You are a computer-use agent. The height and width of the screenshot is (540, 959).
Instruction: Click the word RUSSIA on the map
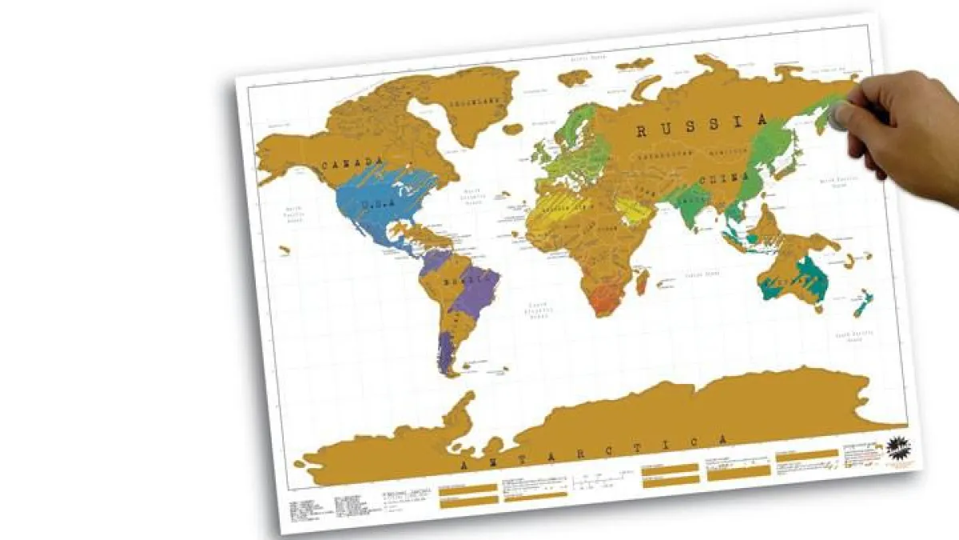[702, 126]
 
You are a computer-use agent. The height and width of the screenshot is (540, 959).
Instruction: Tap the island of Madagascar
[642, 280]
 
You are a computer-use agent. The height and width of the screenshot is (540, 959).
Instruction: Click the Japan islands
[791, 156]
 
